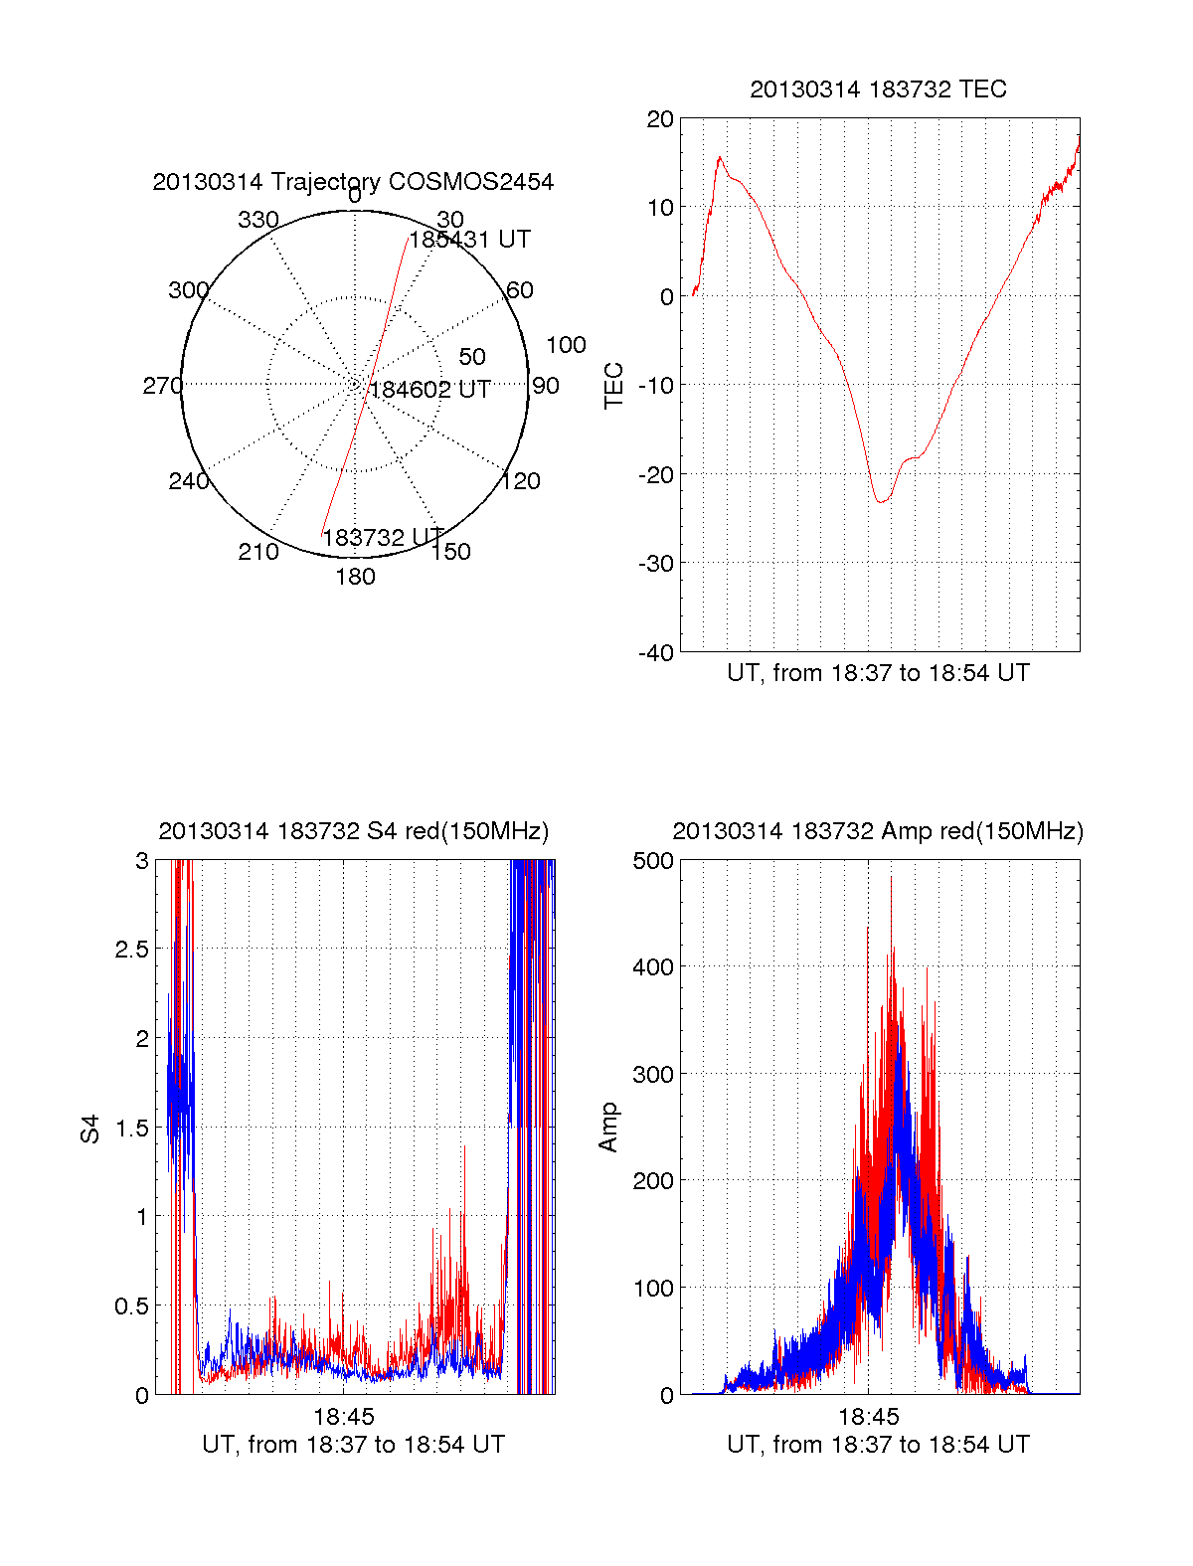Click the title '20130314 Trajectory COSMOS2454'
click(x=353, y=182)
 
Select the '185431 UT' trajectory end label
click(x=470, y=240)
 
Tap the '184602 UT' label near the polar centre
click(x=429, y=390)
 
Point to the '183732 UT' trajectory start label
click(x=383, y=537)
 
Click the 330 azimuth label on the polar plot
click(x=257, y=220)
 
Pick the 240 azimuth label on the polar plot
click(x=188, y=481)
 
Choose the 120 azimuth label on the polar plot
click(x=521, y=481)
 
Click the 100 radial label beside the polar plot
click(x=566, y=345)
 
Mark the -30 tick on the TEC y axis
click(x=656, y=563)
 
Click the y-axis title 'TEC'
click(x=614, y=385)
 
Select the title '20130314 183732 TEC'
click(x=878, y=89)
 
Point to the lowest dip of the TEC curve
click(x=880, y=501)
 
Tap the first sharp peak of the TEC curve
click(x=720, y=157)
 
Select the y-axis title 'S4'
click(x=90, y=1128)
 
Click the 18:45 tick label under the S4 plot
click(x=343, y=1416)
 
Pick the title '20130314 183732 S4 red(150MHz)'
click(x=353, y=831)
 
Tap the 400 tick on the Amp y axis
click(x=653, y=966)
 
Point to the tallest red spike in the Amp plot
click(x=891, y=878)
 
